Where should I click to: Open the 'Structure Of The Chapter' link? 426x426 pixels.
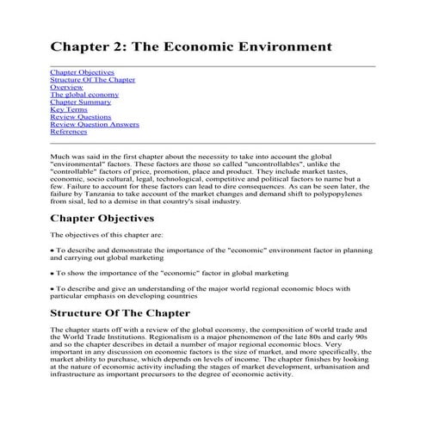(86, 80)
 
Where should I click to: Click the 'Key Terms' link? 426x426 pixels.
(68, 110)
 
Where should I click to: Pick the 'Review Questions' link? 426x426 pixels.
(80, 117)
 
